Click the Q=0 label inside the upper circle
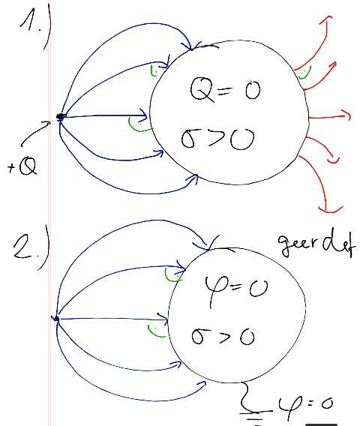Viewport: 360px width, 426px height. tap(226, 90)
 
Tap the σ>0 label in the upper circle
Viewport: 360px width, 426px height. tap(218, 139)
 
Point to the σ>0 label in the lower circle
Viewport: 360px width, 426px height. tap(223, 336)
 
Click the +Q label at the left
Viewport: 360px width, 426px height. tap(22, 166)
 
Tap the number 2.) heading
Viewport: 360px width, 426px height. tap(31, 248)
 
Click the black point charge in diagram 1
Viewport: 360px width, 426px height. tap(60, 117)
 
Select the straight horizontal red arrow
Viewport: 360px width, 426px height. tap(329, 117)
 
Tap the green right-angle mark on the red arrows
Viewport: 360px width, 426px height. tap(304, 74)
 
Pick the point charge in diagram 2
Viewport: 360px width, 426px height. tap(56, 319)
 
